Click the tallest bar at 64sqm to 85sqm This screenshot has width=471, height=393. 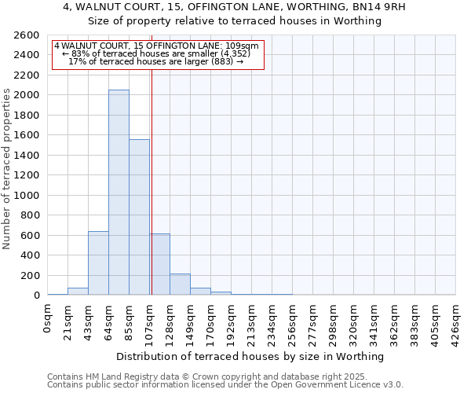[x=119, y=193]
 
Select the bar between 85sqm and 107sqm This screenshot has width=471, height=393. [x=139, y=217]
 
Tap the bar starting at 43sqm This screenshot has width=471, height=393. [x=98, y=263]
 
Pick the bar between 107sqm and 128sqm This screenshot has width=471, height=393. [x=160, y=264]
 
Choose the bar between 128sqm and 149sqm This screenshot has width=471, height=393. [x=180, y=285]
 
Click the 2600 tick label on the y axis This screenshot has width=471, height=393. [x=26, y=35]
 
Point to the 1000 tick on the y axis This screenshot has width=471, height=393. [x=26, y=195]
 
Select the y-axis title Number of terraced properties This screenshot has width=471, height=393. [x=7, y=169]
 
